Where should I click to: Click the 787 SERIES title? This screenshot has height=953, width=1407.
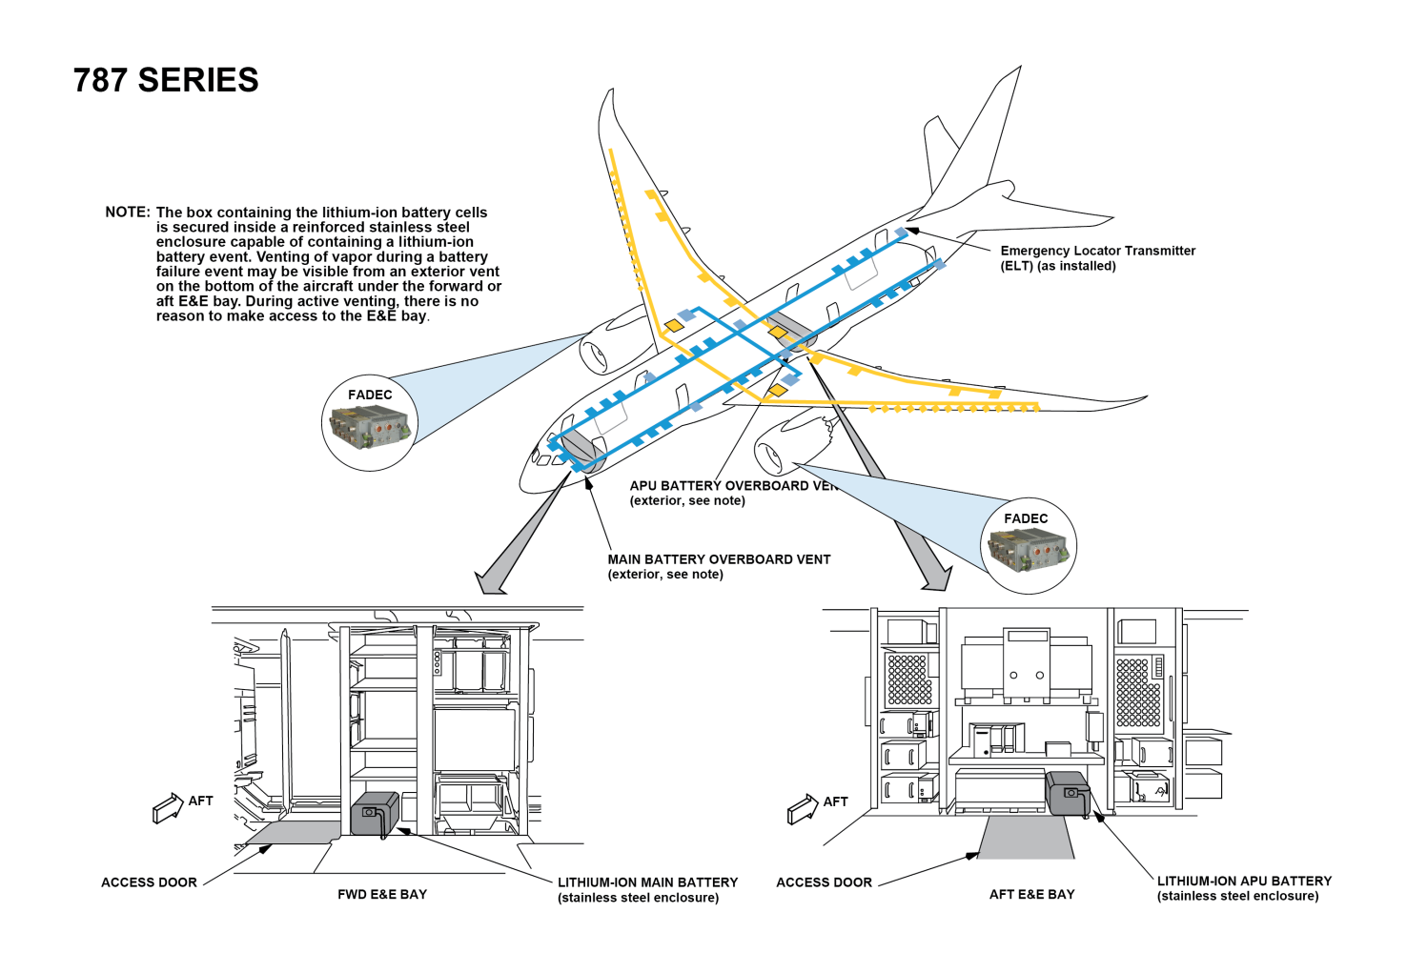click(x=166, y=80)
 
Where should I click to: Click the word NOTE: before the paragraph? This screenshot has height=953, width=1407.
click(x=127, y=213)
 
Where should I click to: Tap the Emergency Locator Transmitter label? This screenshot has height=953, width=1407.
click(x=1096, y=258)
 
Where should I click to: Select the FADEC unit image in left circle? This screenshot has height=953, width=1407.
click(x=370, y=427)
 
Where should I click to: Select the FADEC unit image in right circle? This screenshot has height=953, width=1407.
click(x=1028, y=551)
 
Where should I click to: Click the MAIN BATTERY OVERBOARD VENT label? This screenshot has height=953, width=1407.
click(x=719, y=566)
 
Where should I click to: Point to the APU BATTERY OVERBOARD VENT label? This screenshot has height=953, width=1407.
click(x=731, y=493)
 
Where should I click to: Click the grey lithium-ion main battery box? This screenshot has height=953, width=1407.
click(x=375, y=814)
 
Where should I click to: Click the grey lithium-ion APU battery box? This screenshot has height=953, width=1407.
click(x=1068, y=793)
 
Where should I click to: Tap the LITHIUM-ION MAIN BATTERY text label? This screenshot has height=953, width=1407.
click(x=647, y=889)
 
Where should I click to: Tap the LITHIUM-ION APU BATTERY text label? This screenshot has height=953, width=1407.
click(x=1243, y=888)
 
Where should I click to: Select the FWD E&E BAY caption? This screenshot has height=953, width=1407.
click(x=382, y=894)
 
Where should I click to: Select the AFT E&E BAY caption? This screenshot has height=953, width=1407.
click(x=1031, y=894)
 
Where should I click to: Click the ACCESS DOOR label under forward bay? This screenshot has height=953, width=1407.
click(x=149, y=882)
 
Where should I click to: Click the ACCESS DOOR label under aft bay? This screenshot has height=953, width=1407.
click(x=824, y=882)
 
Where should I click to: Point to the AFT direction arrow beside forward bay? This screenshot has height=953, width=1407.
click(x=168, y=808)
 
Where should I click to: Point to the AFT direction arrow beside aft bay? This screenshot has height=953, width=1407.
click(x=803, y=809)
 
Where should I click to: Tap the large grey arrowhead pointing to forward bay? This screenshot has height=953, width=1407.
click(x=490, y=582)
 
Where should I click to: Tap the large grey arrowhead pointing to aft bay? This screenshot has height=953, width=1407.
click(x=936, y=578)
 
